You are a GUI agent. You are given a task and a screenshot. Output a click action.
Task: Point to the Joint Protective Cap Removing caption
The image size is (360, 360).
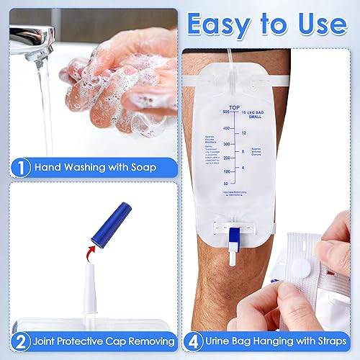[x=105, y=341]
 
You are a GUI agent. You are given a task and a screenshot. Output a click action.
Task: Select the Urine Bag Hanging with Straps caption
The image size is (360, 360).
[x=279, y=341]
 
